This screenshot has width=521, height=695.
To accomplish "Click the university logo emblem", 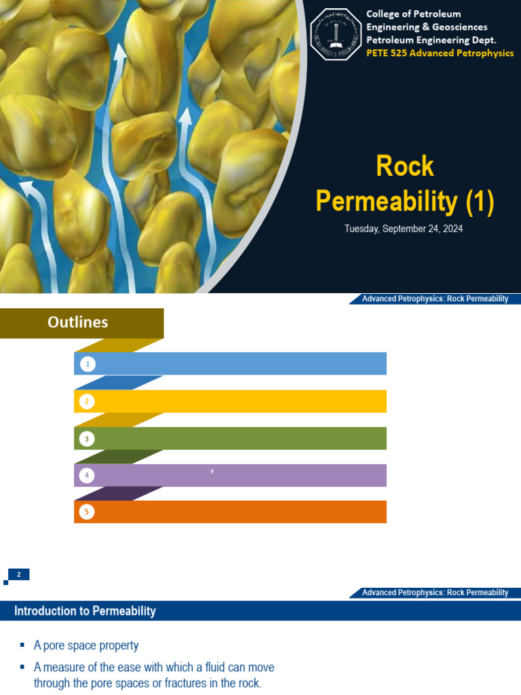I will pos(336,34).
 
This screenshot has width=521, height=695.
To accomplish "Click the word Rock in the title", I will pos(405,167).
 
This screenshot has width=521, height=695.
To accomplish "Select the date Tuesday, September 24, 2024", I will pos(404,229).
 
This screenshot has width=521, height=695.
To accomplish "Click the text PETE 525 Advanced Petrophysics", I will pos(440,53).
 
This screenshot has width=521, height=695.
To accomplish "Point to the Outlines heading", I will pos(78,322).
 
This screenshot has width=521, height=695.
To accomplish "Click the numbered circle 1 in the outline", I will pos(87,364).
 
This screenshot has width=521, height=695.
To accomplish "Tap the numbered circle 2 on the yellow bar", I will pos(87,402).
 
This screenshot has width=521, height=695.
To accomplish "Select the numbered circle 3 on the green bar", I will pos(87,439).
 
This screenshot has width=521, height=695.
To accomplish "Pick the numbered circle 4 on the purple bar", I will pos(87,476).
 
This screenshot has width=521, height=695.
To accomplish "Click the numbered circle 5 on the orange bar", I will pos(87,512).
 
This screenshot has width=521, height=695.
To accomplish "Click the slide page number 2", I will pos(19,575).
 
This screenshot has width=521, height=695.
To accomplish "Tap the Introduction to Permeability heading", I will pos(85,611).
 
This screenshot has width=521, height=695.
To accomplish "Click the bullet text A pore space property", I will pos(86,645).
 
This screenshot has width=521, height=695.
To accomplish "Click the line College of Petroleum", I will pos(413,14).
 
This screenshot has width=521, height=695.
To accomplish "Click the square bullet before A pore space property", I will pos(22,645).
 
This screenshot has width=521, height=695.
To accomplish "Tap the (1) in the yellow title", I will pos(479,201).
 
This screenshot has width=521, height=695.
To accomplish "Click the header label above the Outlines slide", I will pos(435,299).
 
